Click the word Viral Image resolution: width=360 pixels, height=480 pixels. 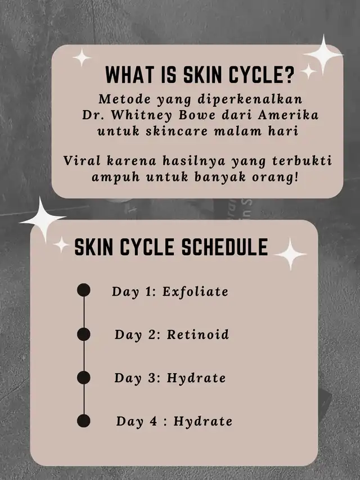(82, 161)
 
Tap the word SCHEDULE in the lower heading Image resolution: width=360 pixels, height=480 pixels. (225, 247)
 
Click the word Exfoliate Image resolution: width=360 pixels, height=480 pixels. (195, 291)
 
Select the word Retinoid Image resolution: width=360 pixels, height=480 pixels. (198, 334)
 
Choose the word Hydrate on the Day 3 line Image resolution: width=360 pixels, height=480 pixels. (196, 378)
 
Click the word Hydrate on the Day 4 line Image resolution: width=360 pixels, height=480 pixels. (203, 422)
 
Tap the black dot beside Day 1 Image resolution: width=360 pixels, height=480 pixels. (84, 290)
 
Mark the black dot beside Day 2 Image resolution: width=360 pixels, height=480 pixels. (84, 334)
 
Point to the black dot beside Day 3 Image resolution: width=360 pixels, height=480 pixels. (84, 378)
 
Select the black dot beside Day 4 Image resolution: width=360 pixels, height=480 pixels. (84, 421)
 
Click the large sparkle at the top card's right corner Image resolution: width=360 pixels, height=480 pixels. (323, 55)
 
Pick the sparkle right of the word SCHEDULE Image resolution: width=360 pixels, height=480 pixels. (290, 254)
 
